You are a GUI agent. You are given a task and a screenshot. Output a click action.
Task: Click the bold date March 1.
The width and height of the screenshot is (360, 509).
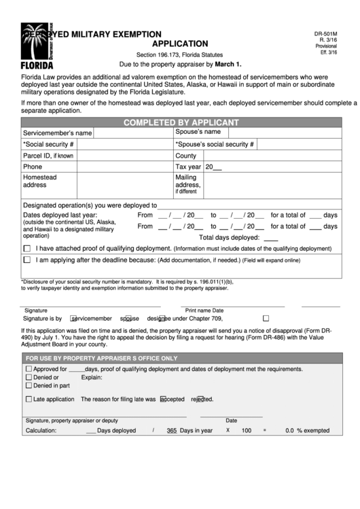[x=228, y=64]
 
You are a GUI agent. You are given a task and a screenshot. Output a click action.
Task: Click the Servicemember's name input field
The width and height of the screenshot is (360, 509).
[x=132, y=133]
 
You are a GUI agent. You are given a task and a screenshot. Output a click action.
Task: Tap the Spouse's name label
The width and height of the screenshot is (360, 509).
[x=198, y=132]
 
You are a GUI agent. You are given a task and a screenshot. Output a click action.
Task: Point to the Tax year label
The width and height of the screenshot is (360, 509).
[x=188, y=166]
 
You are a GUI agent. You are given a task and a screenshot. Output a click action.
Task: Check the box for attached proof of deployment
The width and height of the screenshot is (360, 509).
[x=27, y=249]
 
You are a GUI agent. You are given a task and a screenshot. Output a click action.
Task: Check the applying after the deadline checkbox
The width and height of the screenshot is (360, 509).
[x=27, y=260]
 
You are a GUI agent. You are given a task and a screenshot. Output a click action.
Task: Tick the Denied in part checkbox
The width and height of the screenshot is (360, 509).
[x=29, y=385]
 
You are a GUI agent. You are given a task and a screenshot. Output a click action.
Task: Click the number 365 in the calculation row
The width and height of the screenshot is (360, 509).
[x=171, y=430]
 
